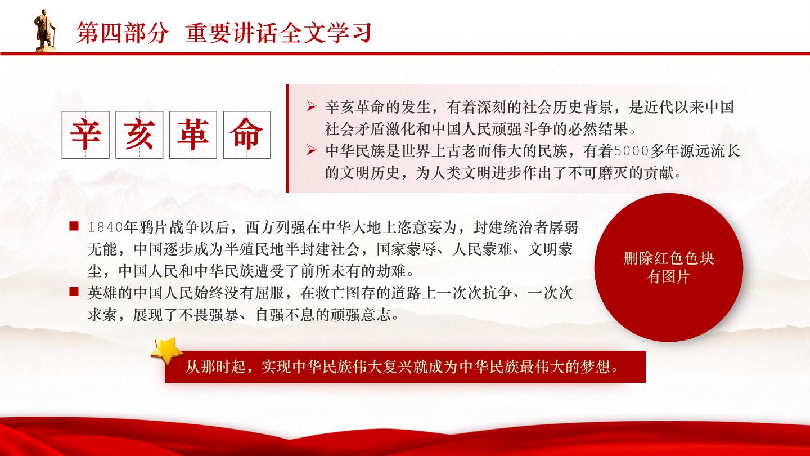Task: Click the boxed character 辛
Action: [x=85, y=134]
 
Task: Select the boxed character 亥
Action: [x=139, y=134]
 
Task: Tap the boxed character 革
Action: [x=193, y=134]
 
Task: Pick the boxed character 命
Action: [x=247, y=134]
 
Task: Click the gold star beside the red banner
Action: [x=166, y=351]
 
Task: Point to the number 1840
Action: [x=105, y=227]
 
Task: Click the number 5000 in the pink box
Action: [x=631, y=151]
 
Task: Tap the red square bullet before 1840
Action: [x=74, y=226]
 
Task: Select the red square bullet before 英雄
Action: [x=74, y=292]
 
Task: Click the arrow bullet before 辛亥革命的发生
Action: [x=312, y=106]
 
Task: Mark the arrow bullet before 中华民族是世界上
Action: [x=312, y=150]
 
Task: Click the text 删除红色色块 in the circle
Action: [x=669, y=258]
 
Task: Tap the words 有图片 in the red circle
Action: [x=669, y=277]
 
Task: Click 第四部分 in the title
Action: [x=123, y=33]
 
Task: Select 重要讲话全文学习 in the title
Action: [x=278, y=33]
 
